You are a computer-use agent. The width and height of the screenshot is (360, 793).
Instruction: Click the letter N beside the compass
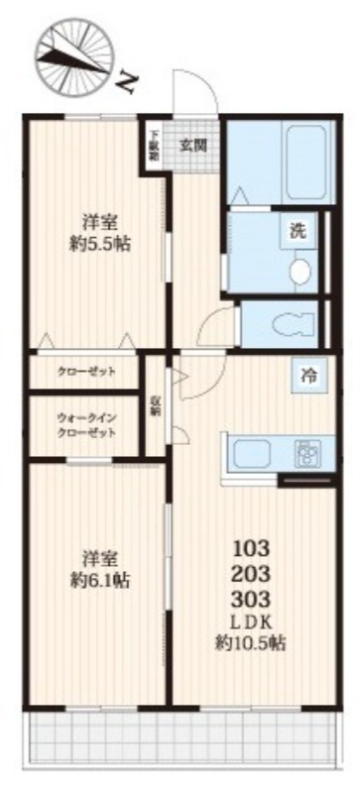click(x=123, y=82)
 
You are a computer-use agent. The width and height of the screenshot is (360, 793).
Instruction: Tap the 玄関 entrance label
click(x=193, y=145)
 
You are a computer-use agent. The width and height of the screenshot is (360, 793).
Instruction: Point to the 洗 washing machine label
click(x=298, y=232)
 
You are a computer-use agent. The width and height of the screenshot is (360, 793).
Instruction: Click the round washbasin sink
click(x=299, y=269)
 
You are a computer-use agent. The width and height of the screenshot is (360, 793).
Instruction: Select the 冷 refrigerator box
click(x=309, y=376)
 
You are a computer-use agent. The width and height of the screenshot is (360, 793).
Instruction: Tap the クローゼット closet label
click(x=86, y=372)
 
